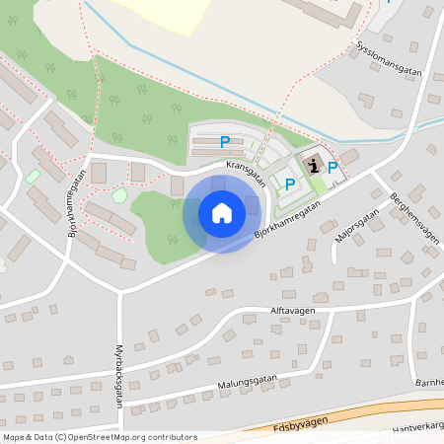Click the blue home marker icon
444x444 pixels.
(x=221, y=212)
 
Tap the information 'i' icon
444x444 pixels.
(x=314, y=165)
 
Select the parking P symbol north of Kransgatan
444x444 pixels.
(x=225, y=142)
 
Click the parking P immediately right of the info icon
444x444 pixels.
(x=333, y=168)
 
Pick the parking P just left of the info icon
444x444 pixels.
(x=290, y=184)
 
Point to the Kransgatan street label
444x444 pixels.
(x=246, y=173)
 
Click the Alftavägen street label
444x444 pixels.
(x=264, y=310)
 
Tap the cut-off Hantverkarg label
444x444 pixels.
(x=418, y=427)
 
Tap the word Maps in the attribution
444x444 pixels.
(x=14, y=436)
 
